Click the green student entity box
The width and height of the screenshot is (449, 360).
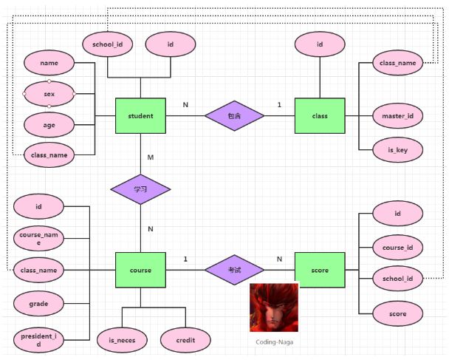(140, 115)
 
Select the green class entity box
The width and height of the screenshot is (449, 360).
(320, 115)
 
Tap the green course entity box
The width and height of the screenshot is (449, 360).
(140, 270)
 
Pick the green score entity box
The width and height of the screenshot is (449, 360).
(320, 270)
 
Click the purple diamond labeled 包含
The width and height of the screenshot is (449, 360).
(234, 116)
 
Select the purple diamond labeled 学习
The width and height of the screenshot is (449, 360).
(140, 189)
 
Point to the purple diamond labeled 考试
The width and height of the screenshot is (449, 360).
(234, 270)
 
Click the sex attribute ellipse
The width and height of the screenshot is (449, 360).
(49, 94)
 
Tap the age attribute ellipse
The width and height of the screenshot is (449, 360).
(49, 125)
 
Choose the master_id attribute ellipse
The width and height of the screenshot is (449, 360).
(397, 116)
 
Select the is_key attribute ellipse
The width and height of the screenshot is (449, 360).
(397, 149)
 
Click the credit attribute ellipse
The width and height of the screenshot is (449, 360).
(185, 339)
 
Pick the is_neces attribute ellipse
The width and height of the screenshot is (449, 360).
(122, 339)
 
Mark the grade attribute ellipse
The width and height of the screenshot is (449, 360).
(38, 302)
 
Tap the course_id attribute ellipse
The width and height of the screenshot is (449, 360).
(397, 246)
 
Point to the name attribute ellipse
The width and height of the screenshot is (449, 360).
(49, 64)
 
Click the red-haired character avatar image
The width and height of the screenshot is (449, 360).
(273, 308)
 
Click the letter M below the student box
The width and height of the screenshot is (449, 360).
(150, 157)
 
